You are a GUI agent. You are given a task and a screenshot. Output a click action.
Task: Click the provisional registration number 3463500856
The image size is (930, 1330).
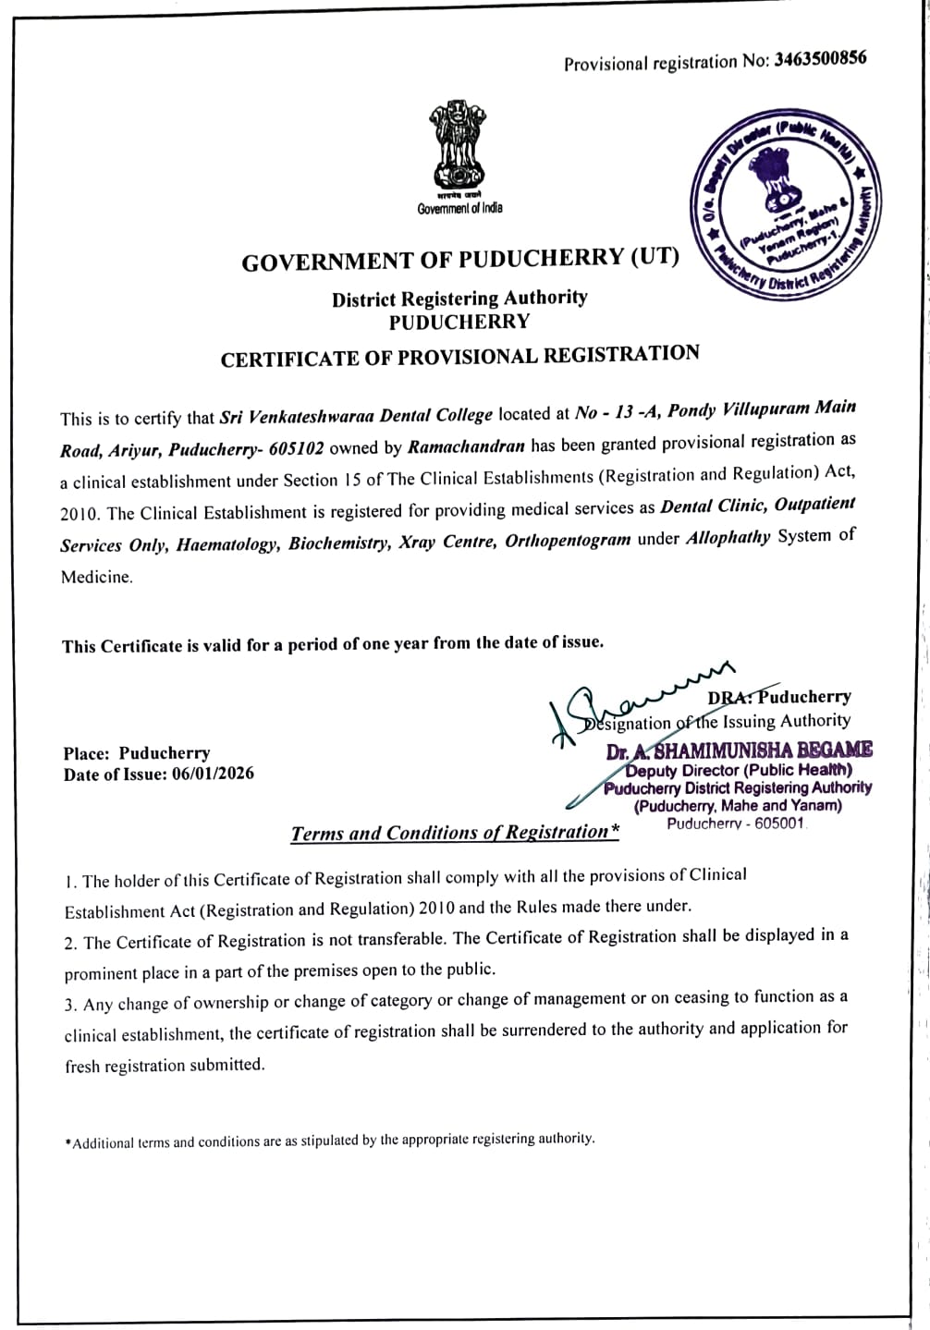point(821,59)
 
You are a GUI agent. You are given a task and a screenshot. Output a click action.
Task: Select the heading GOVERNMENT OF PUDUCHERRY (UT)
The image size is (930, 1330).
point(459,259)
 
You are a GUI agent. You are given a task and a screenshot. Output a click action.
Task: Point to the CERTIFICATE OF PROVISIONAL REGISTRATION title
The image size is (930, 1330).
point(459,356)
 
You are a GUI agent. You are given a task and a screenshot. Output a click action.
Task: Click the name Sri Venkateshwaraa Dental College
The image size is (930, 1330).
point(357,415)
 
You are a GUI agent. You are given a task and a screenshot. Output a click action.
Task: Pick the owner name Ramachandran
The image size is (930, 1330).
point(466,446)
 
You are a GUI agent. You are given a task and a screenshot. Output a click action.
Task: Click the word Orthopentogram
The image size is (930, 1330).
point(568,540)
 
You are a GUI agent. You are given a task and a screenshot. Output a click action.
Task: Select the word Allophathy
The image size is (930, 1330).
point(728,537)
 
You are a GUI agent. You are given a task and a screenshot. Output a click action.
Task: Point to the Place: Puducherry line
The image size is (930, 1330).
point(137,753)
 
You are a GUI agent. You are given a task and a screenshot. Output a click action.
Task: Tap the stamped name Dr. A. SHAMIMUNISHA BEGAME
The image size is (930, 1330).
point(740,750)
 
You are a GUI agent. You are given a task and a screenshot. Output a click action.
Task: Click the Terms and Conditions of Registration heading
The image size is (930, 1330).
point(455,833)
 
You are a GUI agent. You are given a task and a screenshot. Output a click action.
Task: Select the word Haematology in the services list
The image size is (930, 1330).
point(226,544)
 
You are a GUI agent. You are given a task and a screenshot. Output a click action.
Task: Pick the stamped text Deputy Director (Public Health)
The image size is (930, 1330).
point(739,770)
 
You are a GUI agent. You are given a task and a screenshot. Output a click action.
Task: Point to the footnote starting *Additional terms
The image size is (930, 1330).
point(330,1141)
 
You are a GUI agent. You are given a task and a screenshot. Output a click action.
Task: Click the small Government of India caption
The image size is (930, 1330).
point(459,208)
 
